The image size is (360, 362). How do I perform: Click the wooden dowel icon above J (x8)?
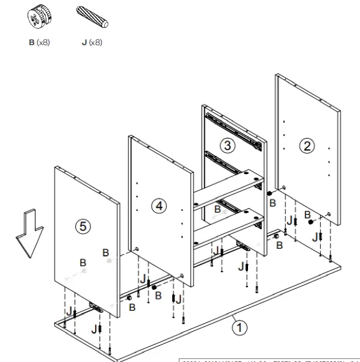(92, 17)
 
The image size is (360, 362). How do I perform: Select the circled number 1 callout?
(240, 327)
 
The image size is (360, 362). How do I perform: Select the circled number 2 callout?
(308, 145)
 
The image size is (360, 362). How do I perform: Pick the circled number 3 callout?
(227, 145)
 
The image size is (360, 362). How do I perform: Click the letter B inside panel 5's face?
(82, 263)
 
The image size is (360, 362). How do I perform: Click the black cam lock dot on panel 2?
(311, 222)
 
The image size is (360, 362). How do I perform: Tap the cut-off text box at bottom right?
(271, 359)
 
